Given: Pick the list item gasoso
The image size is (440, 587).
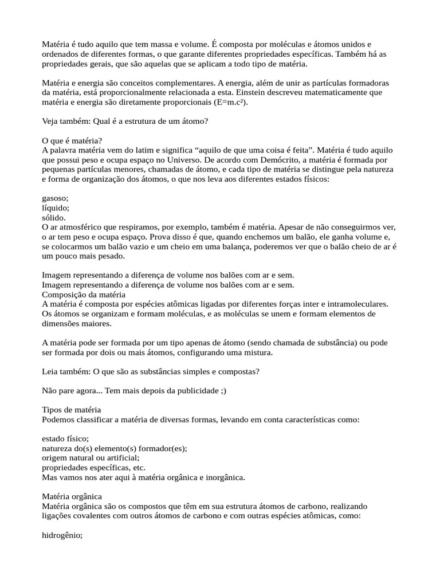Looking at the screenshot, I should coord(55,198).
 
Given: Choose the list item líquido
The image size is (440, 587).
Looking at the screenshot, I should coord(56,208).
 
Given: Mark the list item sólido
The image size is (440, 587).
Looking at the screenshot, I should coord(54,218).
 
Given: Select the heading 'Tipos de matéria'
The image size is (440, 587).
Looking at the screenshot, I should coord(72,410).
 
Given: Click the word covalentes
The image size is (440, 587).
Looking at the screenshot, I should coord(87,516).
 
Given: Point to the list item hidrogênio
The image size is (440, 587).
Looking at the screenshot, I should coord(62,535).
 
